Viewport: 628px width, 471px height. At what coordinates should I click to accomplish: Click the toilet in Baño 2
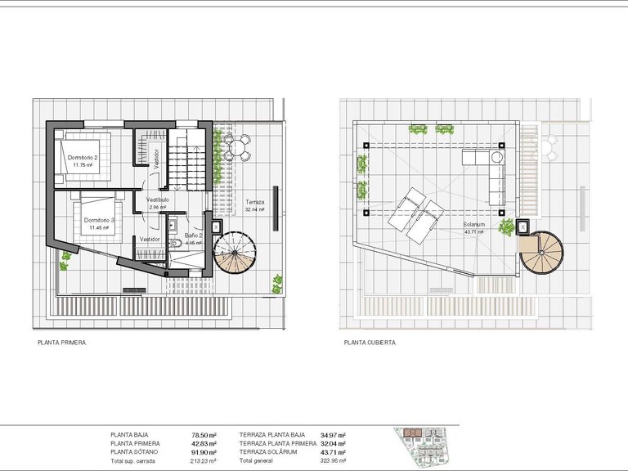(176, 243)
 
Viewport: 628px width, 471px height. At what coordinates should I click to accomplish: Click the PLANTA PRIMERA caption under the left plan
(62, 343)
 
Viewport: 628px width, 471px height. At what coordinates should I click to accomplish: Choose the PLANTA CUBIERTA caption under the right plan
(370, 343)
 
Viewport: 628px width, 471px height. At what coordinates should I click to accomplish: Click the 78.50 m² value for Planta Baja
(204, 435)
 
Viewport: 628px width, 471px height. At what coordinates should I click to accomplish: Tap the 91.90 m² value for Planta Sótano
(204, 452)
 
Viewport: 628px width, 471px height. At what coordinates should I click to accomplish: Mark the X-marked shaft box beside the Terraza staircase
(216, 227)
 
